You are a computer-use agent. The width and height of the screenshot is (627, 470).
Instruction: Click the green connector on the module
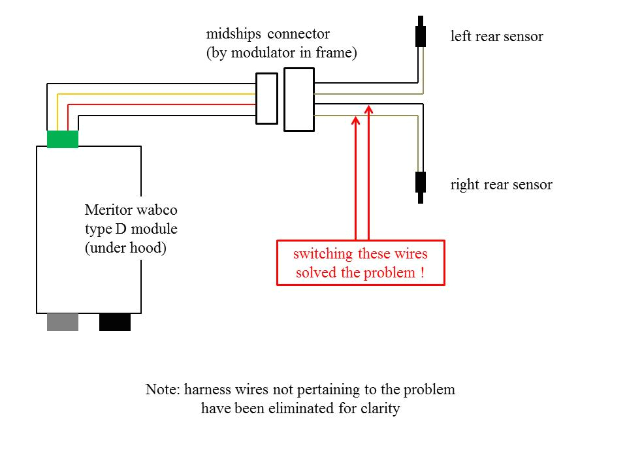63,139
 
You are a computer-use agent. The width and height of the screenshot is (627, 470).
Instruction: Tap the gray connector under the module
63,322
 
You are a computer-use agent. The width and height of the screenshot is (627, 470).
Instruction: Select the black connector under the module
115,322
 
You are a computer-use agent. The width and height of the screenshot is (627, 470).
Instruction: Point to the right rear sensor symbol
421,183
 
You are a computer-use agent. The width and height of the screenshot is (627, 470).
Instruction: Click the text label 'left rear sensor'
496,36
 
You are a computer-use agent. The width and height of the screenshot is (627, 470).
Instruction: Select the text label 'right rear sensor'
501,185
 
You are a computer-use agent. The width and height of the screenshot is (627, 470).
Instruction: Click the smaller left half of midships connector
266,98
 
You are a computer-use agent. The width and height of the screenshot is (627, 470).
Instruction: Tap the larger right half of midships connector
298,99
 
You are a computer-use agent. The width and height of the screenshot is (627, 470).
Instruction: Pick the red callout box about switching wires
361,263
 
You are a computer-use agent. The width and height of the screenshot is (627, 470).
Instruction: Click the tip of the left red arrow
355,118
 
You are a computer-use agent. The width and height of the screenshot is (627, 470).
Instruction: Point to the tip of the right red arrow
369,107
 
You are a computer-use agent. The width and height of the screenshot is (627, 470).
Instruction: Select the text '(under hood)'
125,248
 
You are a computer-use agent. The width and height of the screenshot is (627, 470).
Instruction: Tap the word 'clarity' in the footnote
378,410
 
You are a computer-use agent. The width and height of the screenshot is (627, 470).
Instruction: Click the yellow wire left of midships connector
157,94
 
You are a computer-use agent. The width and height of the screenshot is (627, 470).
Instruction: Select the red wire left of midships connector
163,104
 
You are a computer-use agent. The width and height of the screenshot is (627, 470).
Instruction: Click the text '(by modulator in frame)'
281,54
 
